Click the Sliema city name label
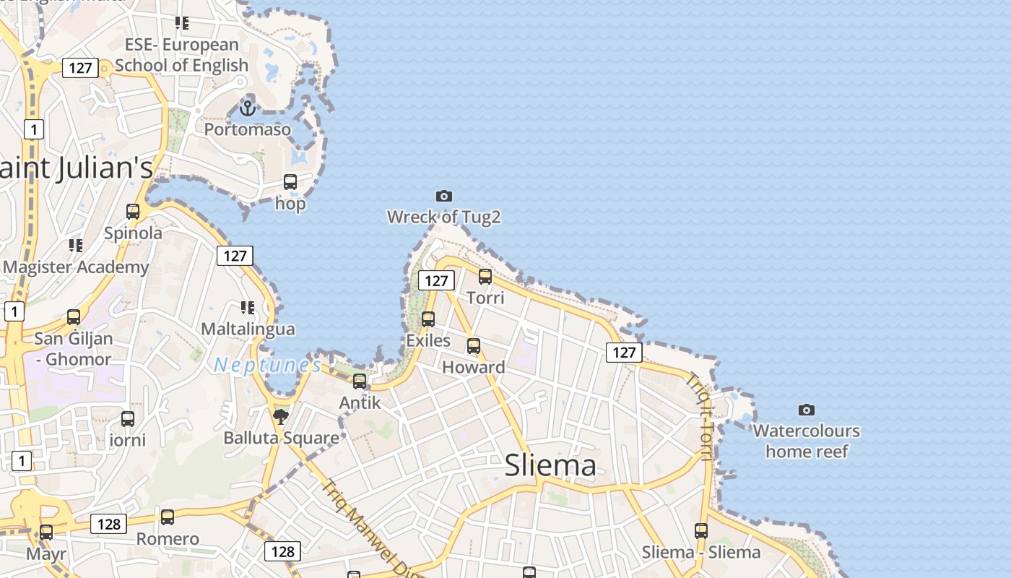coord(550,465)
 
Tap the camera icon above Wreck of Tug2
coord(444,196)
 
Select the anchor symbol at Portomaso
coord(248,108)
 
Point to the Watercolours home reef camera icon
coord(807,410)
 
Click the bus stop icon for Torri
coord(485,277)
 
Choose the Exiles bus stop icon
coord(428,319)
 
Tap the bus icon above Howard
coord(474,346)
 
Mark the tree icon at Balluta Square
coord(281,416)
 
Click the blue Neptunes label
coord(267,365)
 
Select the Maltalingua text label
coord(248,329)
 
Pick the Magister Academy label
coord(76,267)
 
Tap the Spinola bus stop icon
coord(133,212)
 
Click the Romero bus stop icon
coord(168,517)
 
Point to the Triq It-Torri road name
coord(701,415)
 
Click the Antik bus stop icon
coord(360,381)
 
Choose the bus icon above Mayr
coord(46,532)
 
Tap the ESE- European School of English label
coord(181,55)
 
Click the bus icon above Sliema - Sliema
coord(701,531)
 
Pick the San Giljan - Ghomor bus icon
coord(74,317)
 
